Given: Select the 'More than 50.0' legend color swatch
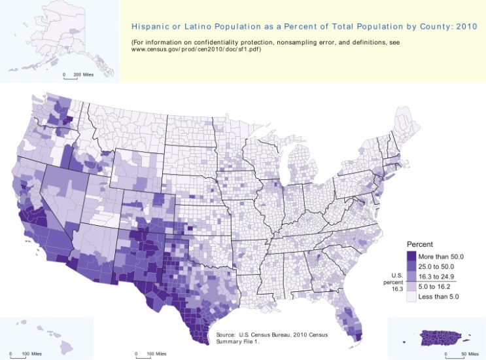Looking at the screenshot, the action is click(411, 256).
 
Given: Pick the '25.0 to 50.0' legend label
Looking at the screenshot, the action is click(436, 266).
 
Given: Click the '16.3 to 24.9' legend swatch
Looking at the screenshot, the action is click(411, 276).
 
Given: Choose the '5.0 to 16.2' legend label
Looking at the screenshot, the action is click(434, 286).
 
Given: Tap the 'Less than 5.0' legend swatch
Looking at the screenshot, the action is click(411, 297).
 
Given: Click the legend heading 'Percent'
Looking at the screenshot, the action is click(420, 244).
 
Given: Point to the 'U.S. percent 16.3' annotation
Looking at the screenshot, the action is click(394, 282).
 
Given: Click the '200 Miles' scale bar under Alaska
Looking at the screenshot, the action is click(71, 77).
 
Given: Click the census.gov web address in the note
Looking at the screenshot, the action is click(196, 49).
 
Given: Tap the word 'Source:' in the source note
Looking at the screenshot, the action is click(226, 335).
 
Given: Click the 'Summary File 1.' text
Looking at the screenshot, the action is click(237, 342).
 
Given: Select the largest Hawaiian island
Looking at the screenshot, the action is click(68, 348).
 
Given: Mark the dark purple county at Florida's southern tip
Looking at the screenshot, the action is click(359, 336).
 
